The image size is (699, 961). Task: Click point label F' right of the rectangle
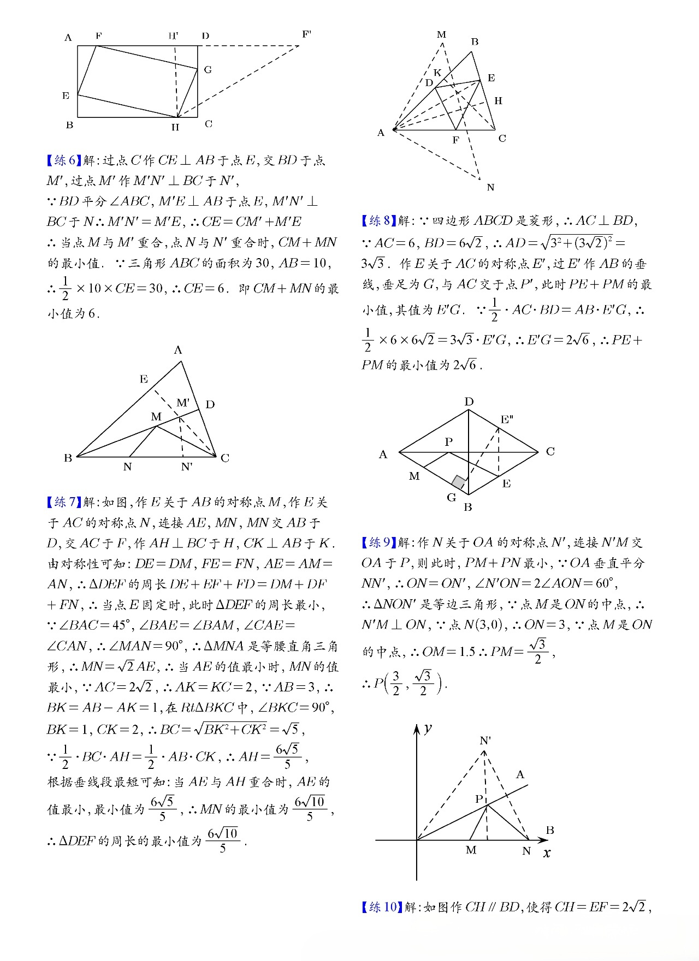306,35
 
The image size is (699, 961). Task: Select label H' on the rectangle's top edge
173,37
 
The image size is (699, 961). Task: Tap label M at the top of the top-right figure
442,35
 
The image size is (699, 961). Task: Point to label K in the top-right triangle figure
437,73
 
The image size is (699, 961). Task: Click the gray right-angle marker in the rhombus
459,482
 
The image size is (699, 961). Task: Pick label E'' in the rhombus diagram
507,419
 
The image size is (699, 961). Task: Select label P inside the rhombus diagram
448,441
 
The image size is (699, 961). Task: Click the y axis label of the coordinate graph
428,729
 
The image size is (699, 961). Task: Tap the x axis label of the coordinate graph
547,853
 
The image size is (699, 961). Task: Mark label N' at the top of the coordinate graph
485,741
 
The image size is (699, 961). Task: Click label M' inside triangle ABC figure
183,403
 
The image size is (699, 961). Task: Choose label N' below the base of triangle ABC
187,467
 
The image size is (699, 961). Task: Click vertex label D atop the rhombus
469,402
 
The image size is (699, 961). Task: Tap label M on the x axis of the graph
471,850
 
